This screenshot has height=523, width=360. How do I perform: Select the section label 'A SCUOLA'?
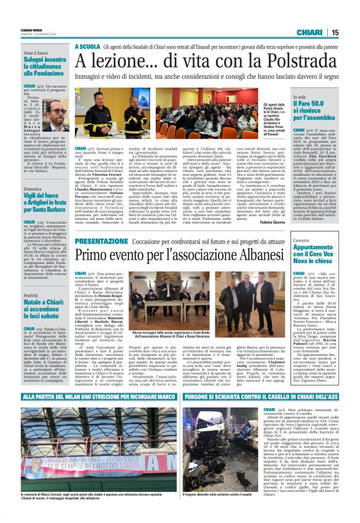point(88,47)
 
